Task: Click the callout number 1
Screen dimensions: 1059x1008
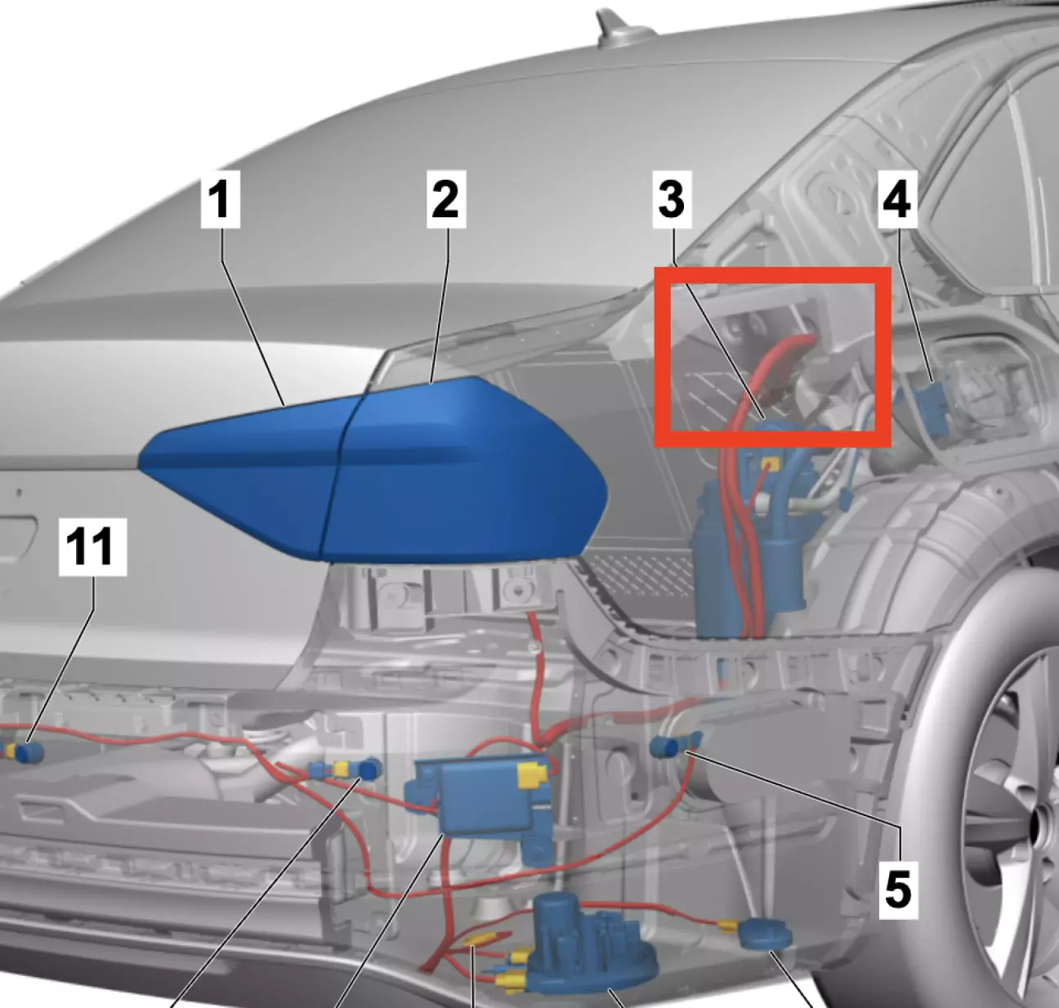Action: point(221,200)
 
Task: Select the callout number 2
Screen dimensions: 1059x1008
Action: point(446,200)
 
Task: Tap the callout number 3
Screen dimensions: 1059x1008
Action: point(672,200)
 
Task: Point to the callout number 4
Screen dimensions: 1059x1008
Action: point(897,200)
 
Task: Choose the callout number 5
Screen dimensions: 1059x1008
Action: point(898,890)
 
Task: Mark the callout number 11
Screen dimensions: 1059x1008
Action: point(92,547)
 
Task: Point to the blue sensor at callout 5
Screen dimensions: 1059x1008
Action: point(674,745)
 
